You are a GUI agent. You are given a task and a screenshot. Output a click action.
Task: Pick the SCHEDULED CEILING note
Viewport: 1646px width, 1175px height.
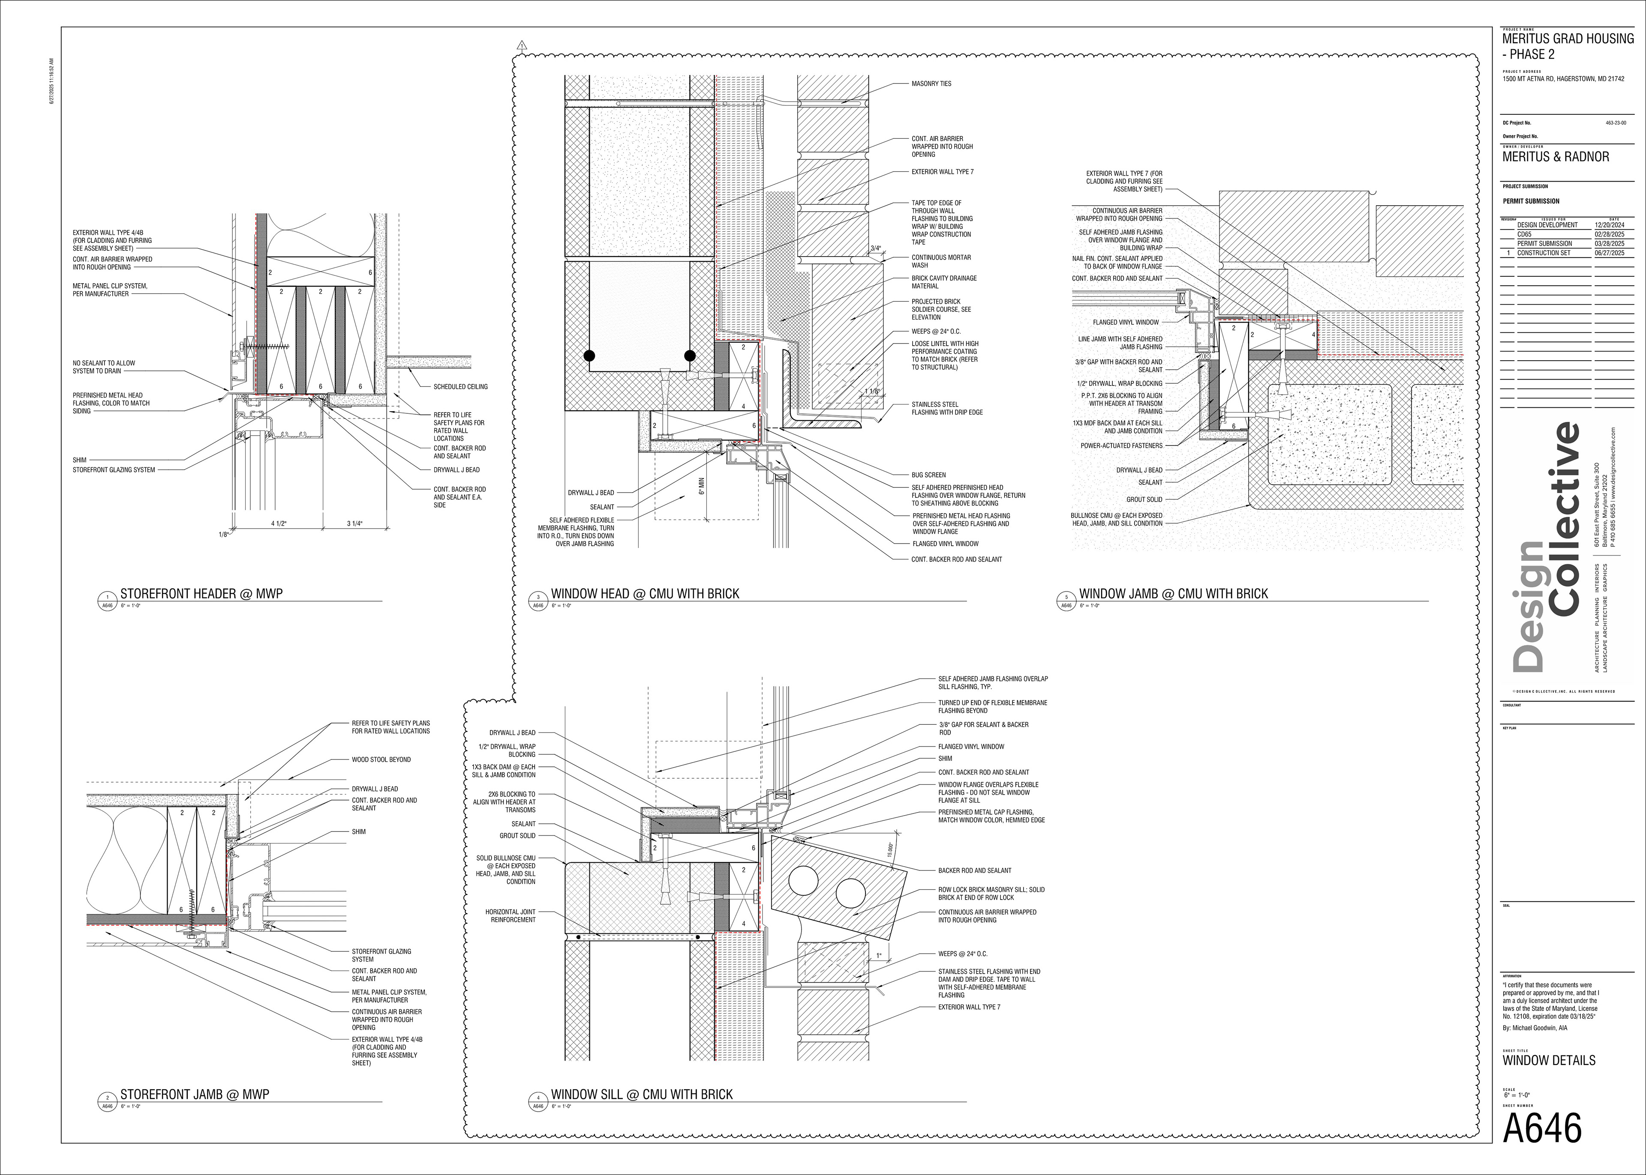[x=460, y=386]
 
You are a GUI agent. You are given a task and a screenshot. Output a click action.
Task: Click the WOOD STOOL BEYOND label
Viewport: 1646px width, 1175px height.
[x=381, y=759]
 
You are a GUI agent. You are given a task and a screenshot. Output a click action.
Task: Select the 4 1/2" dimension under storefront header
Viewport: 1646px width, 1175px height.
[x=279, y=523]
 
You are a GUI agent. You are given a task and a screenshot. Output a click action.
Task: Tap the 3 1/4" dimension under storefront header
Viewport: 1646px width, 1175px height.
[x=354, y=523]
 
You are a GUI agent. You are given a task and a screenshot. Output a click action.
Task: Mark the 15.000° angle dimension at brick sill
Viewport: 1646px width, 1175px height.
[x=890, y=849]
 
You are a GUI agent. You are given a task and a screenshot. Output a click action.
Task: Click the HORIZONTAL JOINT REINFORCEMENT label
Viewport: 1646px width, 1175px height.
[x=511, y=916]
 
